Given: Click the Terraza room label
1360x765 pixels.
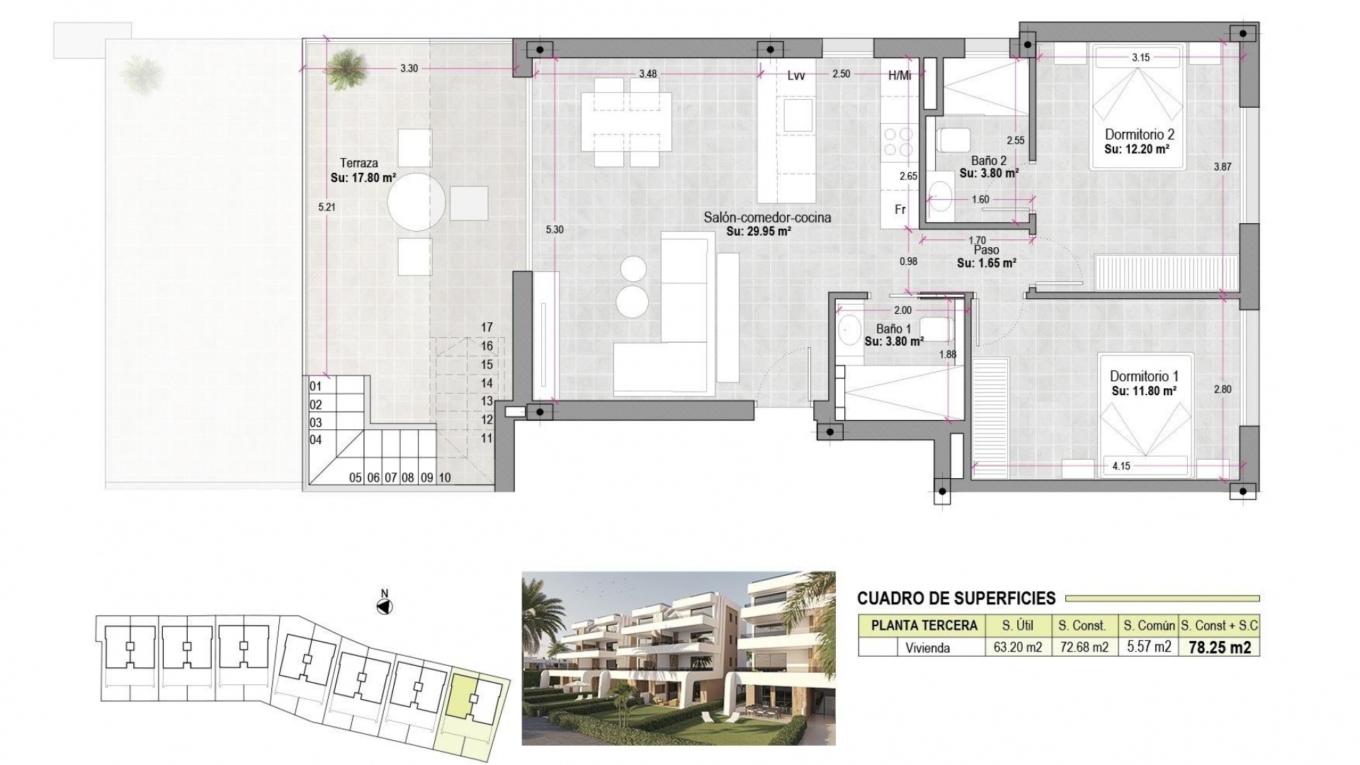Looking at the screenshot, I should [358, 163].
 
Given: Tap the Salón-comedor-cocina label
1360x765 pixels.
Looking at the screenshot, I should [767, 217].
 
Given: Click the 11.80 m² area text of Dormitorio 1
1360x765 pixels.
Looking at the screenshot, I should [1144, 390].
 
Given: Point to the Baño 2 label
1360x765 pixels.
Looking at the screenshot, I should [989, 161].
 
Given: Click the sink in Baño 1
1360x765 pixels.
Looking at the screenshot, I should [847, 329].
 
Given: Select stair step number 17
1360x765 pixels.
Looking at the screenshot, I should [487, 327].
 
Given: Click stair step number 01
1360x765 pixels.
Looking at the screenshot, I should [316, 386].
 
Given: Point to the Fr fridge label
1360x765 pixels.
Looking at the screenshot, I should [900, 210].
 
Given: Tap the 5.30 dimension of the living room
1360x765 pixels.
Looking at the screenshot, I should [555, 229].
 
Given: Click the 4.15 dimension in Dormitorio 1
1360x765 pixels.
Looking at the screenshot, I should [1121, 466].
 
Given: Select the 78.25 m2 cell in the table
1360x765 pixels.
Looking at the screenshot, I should [1219, 647].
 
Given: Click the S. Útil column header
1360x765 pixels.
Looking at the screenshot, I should [1017, 625].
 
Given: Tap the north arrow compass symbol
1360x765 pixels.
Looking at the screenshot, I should [385, 606].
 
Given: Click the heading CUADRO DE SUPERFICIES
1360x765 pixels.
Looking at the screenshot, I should [956, 598].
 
